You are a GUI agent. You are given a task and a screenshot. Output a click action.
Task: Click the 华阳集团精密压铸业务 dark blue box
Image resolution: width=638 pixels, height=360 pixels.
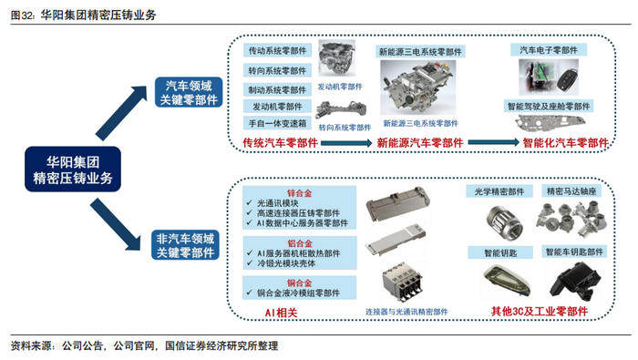tap(73, 170)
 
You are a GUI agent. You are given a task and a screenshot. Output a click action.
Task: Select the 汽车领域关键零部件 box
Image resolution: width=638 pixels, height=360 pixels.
tap(189, 92)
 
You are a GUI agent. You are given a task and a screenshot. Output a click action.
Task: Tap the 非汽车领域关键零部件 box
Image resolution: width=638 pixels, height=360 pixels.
tap(185, 245)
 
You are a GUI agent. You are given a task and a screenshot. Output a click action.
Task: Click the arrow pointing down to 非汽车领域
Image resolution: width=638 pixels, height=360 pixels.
tap(116, 224)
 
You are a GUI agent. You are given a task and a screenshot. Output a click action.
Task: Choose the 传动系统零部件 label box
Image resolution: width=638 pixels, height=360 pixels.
tap(277, 50)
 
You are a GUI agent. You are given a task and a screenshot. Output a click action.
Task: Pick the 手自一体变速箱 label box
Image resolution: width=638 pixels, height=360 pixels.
tap(277, 123)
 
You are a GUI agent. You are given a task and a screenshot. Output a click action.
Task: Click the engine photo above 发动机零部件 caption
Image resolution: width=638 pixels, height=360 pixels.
tap(336, 58)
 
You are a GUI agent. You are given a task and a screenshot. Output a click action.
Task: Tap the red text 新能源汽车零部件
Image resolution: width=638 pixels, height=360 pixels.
tap(420, 143)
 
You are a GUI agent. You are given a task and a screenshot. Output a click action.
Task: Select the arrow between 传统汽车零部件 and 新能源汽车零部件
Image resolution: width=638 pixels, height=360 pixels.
tap(346, 143)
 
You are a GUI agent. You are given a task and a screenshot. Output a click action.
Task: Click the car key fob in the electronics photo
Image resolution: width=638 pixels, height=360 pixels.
tap(566, 80)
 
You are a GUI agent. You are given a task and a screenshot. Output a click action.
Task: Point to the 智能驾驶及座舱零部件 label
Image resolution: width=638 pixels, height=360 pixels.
tap(549, 106)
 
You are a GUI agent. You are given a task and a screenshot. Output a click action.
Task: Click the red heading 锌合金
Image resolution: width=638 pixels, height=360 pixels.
tap(300, 193)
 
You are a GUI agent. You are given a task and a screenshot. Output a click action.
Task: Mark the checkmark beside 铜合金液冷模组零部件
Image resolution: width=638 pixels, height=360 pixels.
tap(250, 293)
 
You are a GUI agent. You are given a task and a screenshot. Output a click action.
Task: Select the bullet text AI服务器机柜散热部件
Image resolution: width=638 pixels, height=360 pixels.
tap(298, 253)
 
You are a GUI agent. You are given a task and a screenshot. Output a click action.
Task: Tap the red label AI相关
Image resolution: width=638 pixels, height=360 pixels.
tap(281, 313)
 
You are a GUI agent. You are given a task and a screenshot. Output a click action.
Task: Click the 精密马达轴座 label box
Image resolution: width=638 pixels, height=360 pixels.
tap(571, 191)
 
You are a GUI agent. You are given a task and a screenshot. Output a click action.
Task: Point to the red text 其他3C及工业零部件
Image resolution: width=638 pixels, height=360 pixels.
tap(540, 311)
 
